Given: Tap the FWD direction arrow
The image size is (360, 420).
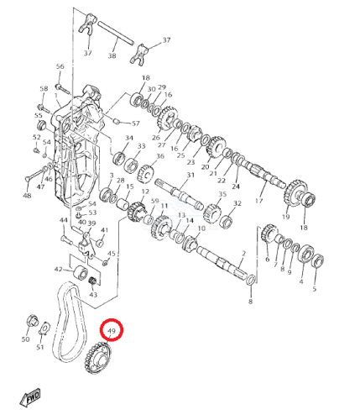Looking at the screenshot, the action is tap(30, 397).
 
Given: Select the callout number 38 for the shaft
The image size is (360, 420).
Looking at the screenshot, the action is tap(112, 55).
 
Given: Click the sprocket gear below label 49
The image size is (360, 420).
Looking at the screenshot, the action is tap(97, 358).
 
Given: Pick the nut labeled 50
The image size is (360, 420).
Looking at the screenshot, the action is tap(32, 321).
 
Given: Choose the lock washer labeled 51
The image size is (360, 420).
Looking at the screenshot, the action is tap(44, 328).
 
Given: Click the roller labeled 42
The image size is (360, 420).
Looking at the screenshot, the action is tap(81, 272).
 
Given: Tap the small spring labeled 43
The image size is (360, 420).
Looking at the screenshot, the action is tap(93, 281).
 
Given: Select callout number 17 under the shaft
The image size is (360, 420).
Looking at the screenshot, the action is tap(259, 201).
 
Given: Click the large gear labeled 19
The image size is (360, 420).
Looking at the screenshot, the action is tap(295, 194).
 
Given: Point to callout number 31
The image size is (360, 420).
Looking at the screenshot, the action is tap(190, 175).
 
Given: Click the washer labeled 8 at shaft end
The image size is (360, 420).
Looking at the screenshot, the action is tap(251, 281).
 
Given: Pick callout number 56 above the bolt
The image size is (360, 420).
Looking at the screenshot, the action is tap(60, 66).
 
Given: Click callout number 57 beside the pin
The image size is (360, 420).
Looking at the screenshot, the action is tap(136, 123).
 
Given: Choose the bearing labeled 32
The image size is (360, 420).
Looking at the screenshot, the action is tap(227, 220).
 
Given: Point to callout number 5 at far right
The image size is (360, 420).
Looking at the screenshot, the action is tap(315, 289).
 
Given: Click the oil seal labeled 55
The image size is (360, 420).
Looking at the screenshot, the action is tap(42, 125).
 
